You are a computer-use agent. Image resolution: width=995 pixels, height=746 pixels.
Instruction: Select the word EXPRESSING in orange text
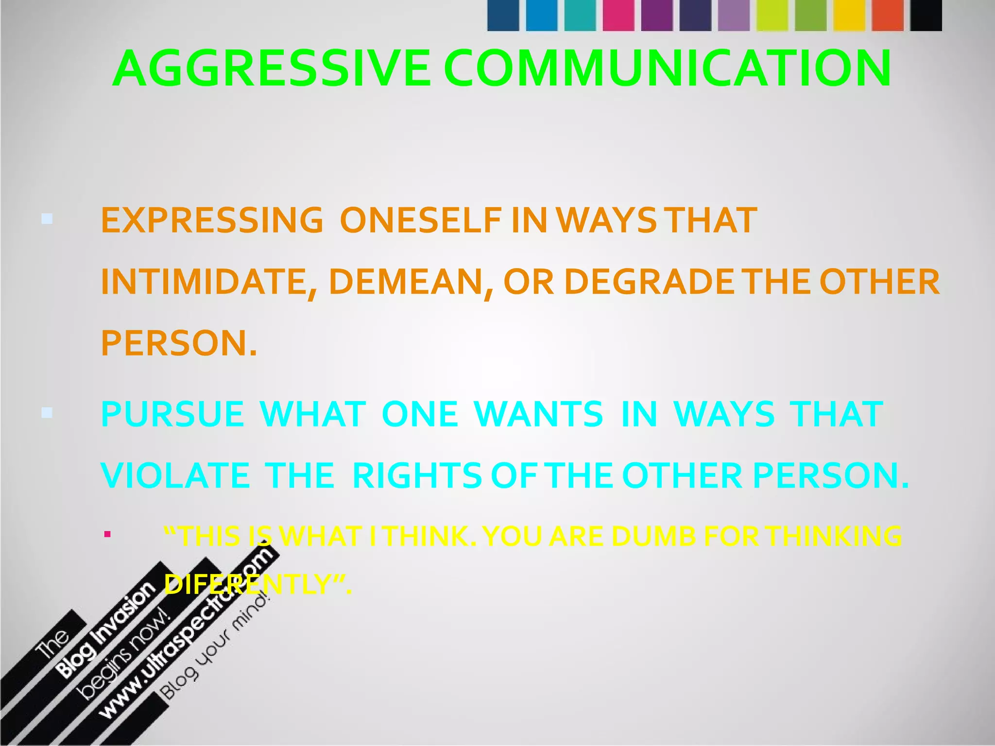[212, 220]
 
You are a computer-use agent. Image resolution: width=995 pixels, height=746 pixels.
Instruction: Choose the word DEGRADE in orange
[650, 282]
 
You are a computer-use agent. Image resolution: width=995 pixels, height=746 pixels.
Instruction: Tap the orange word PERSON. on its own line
[178, 343]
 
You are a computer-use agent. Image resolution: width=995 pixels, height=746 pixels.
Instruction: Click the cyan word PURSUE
[172, 414]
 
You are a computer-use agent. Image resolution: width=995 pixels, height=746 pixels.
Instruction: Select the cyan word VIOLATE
[175, 475]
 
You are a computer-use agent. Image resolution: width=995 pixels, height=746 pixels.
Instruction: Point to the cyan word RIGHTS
[417, 475]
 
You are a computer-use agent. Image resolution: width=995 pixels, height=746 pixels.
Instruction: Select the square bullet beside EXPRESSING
[47, 219]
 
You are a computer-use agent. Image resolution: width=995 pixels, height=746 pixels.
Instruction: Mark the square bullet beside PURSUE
[47, 413]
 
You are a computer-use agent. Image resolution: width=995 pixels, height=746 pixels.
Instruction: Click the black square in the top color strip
[926, 16]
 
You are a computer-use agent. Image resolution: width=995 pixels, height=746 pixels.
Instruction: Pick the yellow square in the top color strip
[849, 16]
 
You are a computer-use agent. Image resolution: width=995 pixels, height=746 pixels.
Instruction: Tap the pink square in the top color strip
[618, 16]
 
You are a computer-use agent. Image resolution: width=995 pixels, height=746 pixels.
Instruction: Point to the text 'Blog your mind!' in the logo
[216, 646]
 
